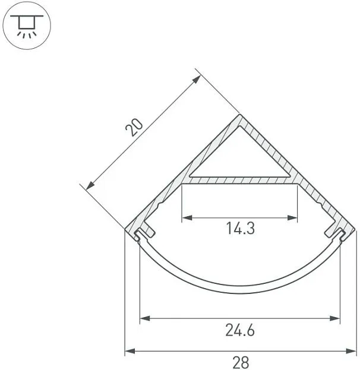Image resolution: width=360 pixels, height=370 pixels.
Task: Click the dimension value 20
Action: pos(134,128)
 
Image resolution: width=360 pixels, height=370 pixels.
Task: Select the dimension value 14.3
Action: pos(241,228)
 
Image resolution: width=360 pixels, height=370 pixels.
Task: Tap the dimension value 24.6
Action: pos(240,330)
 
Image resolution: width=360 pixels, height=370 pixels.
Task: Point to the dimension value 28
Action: pos(241,362)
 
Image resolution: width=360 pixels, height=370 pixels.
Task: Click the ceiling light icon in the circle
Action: pos(27,26)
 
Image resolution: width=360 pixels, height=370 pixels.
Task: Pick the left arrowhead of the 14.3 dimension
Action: pos(187,217)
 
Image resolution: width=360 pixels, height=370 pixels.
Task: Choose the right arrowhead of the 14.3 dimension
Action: pos(292,217)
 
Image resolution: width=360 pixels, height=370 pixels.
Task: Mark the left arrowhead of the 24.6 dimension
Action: pos(145,318)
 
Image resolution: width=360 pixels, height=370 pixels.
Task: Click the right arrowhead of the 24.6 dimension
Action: pos(334,318)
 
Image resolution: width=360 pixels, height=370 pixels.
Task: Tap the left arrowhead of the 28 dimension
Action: pos(130,351)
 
